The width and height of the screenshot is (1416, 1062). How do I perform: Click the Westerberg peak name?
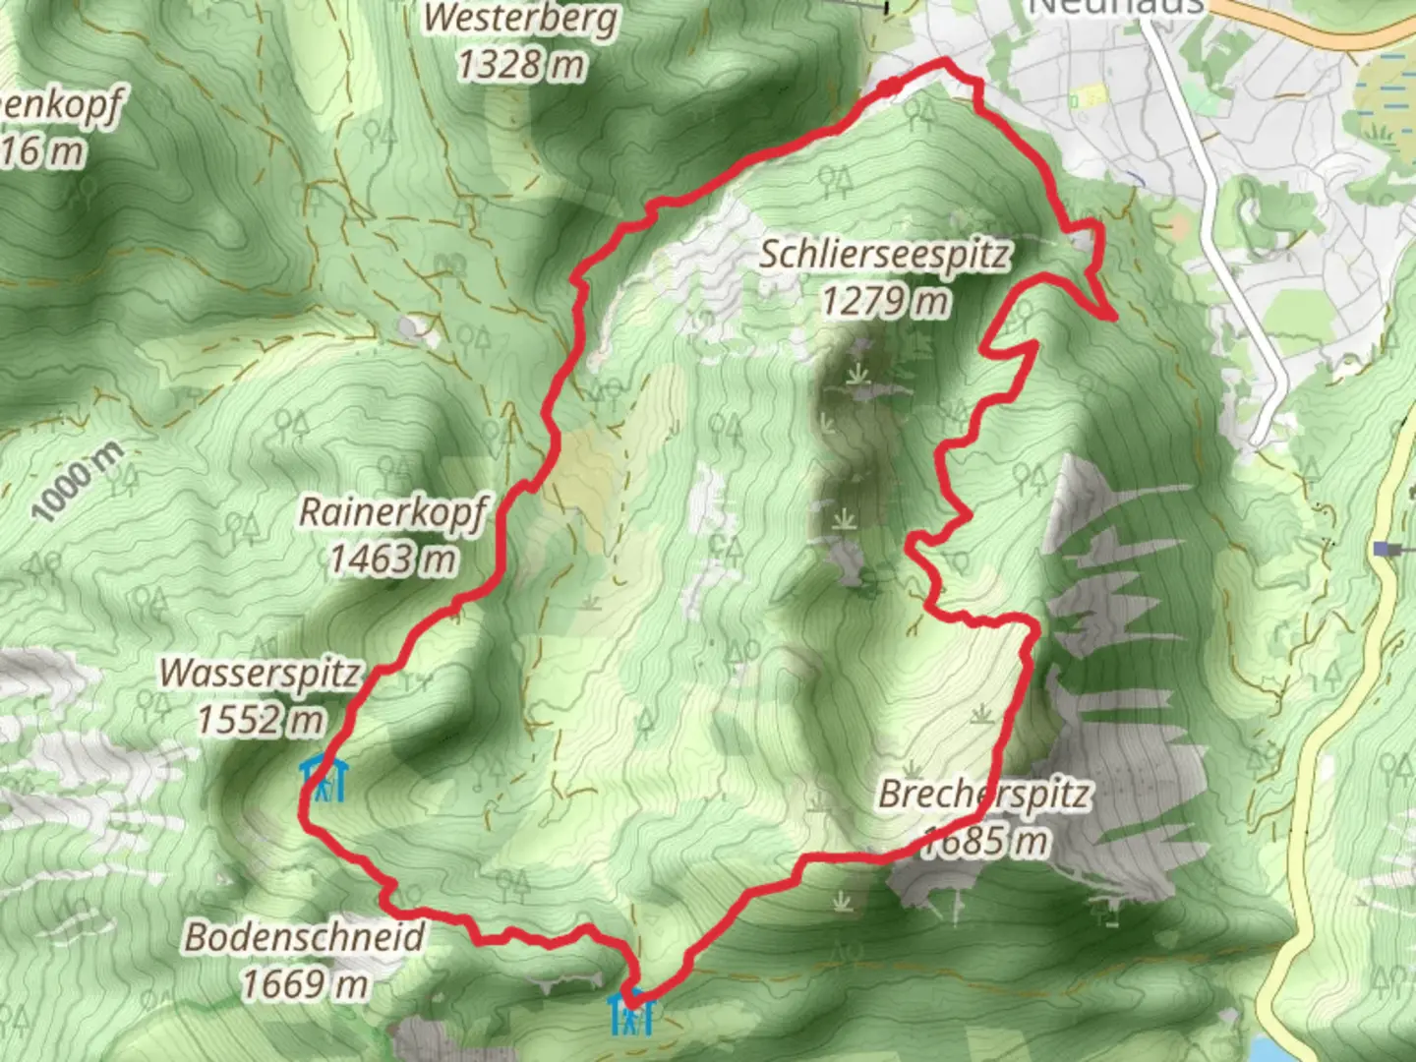[521, 18]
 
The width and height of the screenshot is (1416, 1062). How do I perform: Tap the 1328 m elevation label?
[521, 65]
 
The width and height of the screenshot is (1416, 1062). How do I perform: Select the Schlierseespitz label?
[885, 254]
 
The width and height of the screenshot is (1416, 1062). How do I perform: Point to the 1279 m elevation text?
[885, 300]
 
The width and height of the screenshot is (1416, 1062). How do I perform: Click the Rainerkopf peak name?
[393, 512]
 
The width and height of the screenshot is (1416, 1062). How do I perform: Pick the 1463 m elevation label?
[393, 560]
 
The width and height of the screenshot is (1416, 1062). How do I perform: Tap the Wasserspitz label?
[261, 674]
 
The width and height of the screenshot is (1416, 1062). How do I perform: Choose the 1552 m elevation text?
[261, 720]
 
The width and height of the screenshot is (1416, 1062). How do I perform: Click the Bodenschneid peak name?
[305, 936]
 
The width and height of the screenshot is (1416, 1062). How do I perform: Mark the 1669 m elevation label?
[305, 982]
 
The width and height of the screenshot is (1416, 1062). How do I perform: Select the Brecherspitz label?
[983, 794]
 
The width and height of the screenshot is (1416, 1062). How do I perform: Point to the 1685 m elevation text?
[983, 841]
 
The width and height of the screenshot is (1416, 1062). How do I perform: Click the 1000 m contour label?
[78, 482]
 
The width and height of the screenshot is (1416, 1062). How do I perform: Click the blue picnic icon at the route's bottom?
[630, 1013]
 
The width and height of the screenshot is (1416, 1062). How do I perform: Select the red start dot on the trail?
[890, 88]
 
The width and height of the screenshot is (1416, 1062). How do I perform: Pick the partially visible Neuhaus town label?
[1116, 7]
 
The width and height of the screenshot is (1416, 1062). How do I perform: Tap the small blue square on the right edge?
[1385, 549]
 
